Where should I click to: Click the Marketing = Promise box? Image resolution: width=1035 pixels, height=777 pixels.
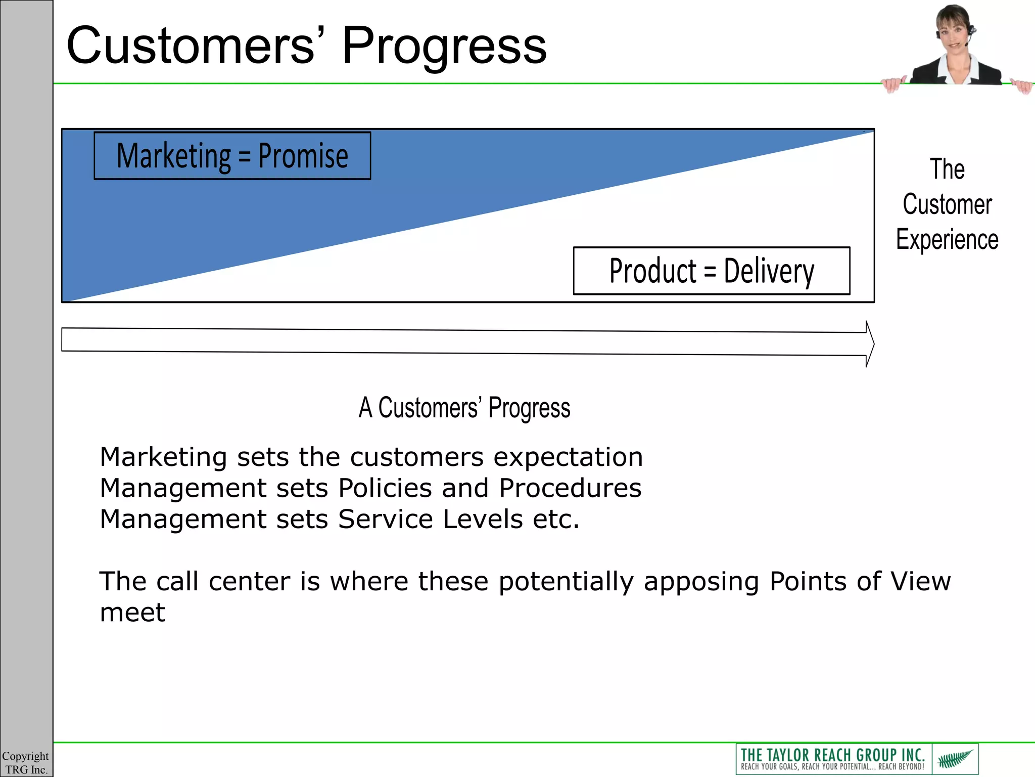click(232, 156)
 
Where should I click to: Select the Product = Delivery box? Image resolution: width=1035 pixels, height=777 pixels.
click(711, 271)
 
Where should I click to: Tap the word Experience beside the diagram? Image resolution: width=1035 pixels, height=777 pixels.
click(947, 240)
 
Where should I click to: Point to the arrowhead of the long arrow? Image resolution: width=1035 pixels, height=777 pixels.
click(870, 344)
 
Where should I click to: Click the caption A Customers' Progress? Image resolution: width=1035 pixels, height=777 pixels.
click(464, 408)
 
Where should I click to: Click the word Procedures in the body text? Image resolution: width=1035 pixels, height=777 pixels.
click(570, 489)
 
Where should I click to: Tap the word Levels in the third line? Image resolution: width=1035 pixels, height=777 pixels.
click(482, 520)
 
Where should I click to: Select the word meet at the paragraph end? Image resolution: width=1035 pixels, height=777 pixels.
click(132, 613)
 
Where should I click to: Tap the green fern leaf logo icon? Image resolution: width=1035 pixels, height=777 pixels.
click(955, 759)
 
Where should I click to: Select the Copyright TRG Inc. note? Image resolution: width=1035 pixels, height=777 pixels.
click(25, 762)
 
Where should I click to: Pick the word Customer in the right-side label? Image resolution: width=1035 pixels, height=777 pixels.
click(947, 204)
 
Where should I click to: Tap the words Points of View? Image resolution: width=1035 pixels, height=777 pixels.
click(860, 582)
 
